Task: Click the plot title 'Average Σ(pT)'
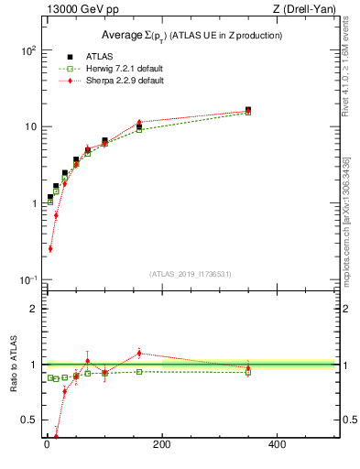pos(191,36)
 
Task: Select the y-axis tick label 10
pos(29,127)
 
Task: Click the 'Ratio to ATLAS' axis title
pos(11,365)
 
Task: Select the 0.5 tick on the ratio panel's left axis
pos(27,420)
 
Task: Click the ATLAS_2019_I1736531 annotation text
pos(191,274)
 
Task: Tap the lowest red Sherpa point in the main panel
pos(49,248)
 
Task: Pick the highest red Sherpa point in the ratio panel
pos(139,353)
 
